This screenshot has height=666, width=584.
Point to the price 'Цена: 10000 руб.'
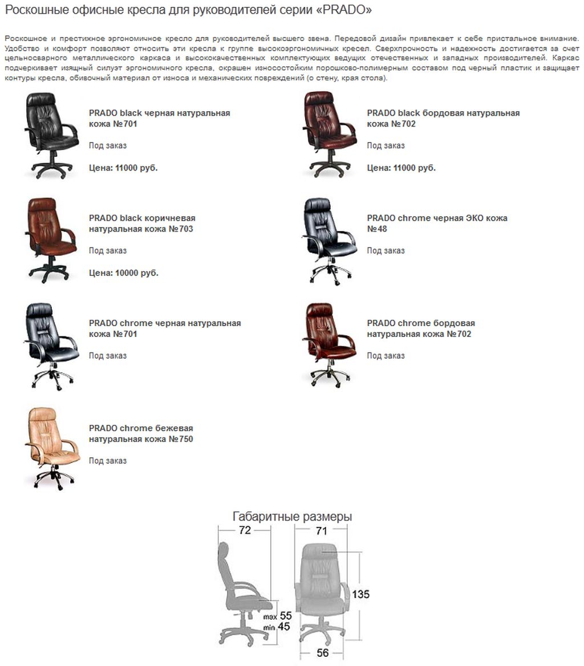(x=124, y=273)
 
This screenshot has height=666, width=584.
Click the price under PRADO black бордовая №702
(x=401, y=168)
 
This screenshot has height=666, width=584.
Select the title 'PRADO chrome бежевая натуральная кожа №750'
(x=141, y=433)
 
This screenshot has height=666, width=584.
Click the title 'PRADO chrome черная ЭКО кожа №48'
(x=437, y=224)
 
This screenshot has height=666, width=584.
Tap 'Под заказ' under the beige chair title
(x=108, y=461)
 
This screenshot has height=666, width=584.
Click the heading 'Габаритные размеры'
(x=292, y=517)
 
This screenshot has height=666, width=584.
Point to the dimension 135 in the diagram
(x=360, y=594)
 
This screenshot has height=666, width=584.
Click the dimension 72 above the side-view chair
(x=245, y=530)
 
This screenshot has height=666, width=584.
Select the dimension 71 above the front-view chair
(x=322, y=530)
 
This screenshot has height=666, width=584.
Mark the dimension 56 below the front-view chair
(x=323, y=652)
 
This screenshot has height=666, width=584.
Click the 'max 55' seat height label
(x=277, y=616)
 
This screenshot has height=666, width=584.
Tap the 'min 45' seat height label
(x=277, y=627)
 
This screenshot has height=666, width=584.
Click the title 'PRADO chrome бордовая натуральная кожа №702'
(x=421, y=328)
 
